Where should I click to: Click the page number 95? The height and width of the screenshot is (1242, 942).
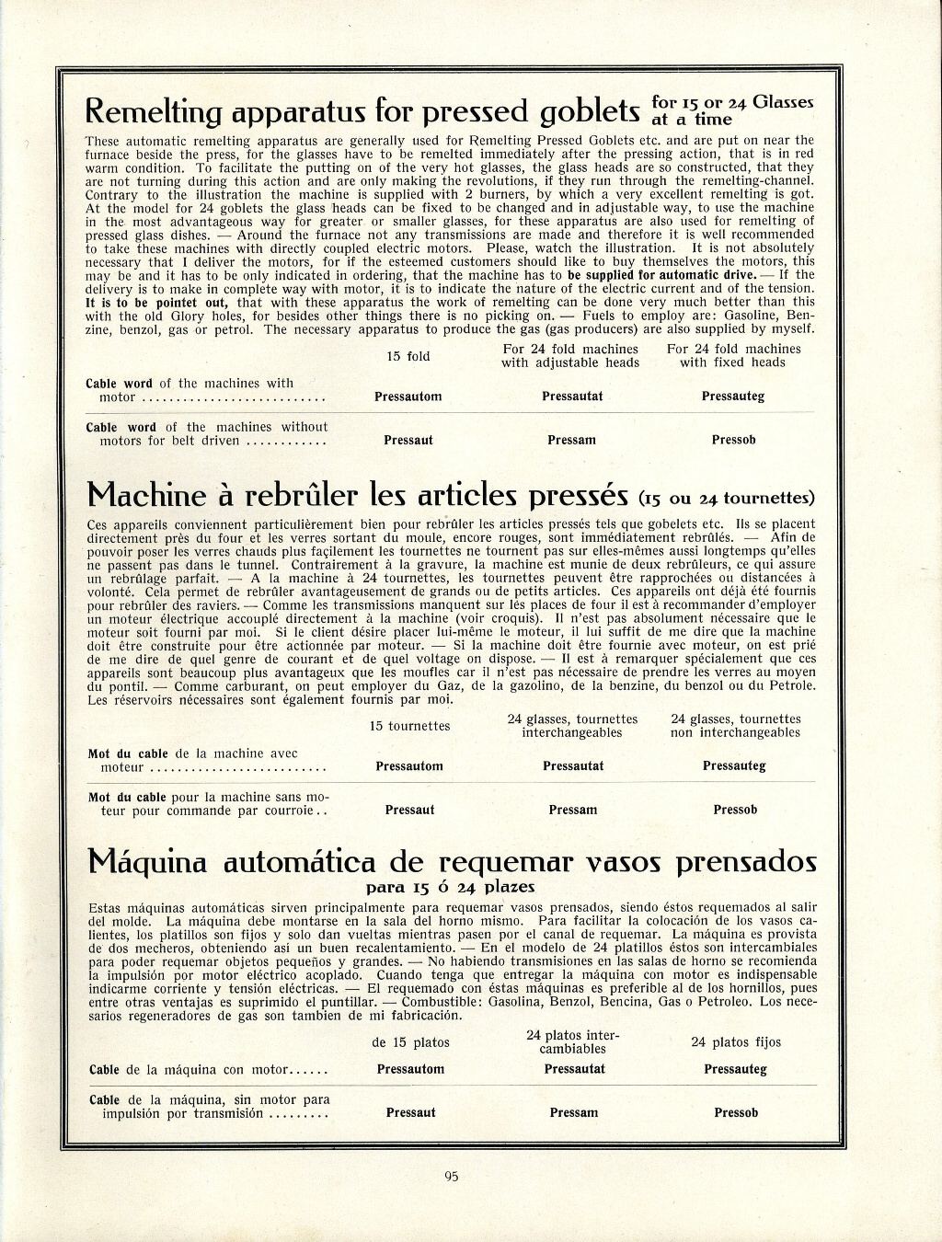(x=451, y=1175)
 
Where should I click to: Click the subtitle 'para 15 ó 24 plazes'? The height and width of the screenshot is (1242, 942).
(x=451, y=888)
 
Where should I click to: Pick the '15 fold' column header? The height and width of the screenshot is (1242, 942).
(x=407, y=356)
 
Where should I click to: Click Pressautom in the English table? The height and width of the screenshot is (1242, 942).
(x=408, y=397)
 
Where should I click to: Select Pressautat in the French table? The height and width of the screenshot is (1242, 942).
(x=573, y=765)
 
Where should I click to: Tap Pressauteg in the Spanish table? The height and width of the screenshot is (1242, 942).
(x=735, y=1069)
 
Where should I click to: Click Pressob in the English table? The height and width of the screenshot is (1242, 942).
(x=733, y=440)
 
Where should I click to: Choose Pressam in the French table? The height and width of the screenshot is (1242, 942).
(x=572, y=810)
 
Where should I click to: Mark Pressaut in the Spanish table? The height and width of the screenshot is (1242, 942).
(x=410, y=1112)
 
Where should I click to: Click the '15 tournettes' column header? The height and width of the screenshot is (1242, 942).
(x=409, y=726)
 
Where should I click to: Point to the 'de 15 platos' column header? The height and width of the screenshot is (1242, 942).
(x=410, y=1042)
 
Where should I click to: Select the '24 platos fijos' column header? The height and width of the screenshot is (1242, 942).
(x=736, y=1042)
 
